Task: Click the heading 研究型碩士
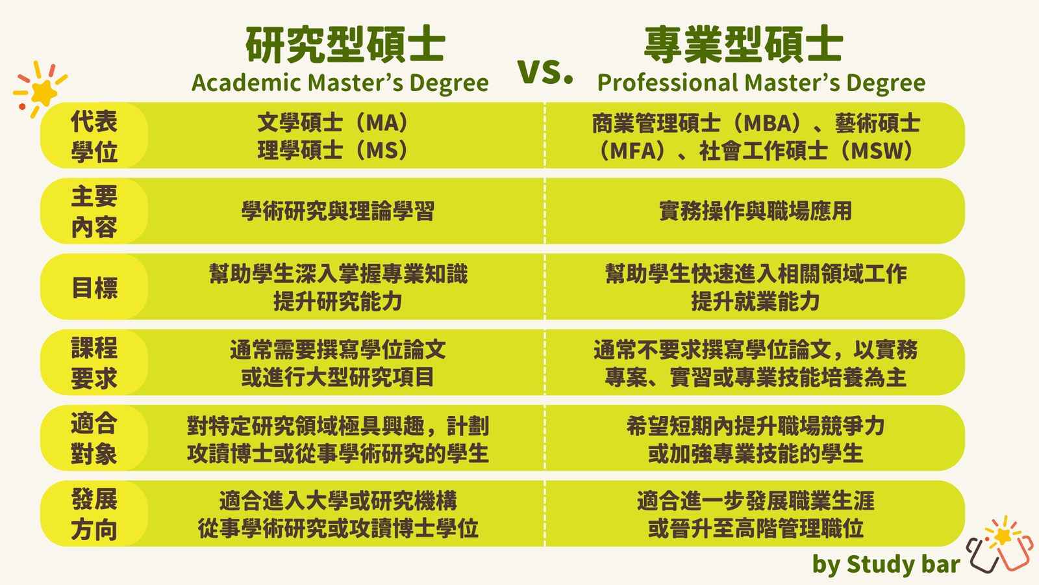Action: coord(345,45)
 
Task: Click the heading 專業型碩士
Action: coord(744,45)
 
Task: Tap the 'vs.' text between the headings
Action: coord(545,71)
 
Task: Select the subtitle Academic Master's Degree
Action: coord(340,83)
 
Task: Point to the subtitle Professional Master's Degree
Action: coord(761,83)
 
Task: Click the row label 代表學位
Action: coord(94,136)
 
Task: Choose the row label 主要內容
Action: coord(94,211)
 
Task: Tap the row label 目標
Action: coord(94,287)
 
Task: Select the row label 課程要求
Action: coord(94,363)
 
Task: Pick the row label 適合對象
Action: coord(94,439)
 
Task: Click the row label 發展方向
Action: coord(94,514)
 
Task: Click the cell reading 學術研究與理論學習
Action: coord(338,211)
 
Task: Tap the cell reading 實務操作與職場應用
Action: coord(755,211)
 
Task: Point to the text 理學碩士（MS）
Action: coord(333,151)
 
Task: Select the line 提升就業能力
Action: coord(755,302)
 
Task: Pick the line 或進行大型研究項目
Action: coord(338,378)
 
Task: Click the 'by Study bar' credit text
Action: coord(886,564)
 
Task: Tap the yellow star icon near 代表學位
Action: coord(42,91)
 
